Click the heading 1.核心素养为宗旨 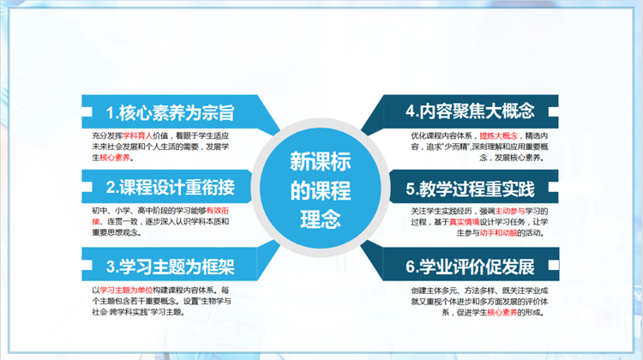coord(170,113)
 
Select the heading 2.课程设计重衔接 coord(171,188)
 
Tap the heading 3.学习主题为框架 coord(171,267)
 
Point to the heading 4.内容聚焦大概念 coord(470,111)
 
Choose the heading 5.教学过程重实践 coord(471,189)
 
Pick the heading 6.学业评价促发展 coord(471,267)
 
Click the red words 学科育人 coord(138,135)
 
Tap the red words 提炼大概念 coord(499,135)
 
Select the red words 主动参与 coord(510,211)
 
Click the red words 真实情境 coord(464,222)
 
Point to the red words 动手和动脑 coord(498,233)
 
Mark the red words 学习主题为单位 coord(126,290)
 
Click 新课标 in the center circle coord(321,161)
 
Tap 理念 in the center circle coord(321,219)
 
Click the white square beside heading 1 coord(87,111)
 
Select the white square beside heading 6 coord(554,265)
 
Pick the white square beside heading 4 coord(554,111)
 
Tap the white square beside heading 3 coord(87,265)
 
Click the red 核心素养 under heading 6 coord(502,313)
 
